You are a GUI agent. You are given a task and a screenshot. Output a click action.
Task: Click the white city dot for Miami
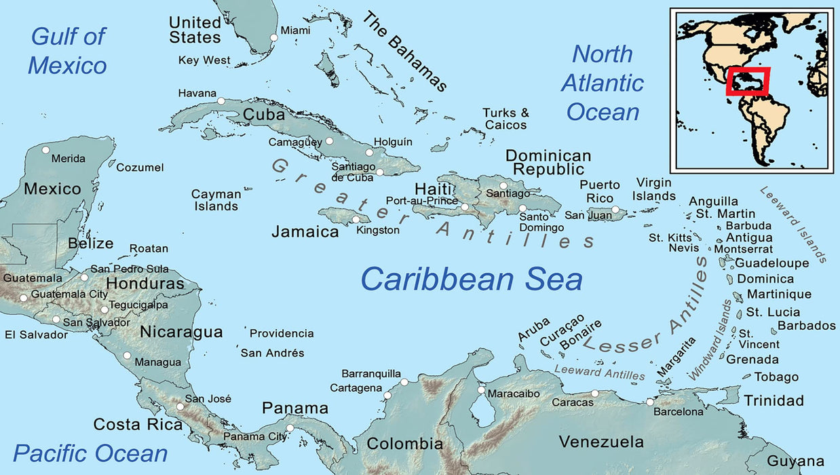274,38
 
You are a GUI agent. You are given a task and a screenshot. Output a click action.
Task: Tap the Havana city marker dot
221,101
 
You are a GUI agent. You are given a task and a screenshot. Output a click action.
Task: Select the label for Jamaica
305,232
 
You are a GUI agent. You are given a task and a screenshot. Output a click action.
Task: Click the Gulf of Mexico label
68,51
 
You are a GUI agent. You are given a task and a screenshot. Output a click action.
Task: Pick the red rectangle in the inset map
748,81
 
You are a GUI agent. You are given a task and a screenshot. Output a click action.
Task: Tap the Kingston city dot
355,219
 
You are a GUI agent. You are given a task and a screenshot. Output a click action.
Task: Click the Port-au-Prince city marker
465,207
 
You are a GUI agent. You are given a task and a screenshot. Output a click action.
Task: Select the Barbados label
807,326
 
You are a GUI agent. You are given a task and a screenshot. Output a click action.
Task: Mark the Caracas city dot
595,394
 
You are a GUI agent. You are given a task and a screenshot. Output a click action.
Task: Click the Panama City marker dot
290,428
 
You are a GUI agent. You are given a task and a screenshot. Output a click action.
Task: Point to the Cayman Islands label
216,199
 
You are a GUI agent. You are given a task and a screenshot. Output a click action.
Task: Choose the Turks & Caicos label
505,119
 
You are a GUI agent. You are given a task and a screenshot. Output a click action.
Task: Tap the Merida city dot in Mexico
45,150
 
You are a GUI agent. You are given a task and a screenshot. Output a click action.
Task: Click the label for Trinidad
774,400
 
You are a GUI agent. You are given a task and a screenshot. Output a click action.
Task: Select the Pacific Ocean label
90,453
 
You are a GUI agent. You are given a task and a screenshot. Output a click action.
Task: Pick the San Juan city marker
615,210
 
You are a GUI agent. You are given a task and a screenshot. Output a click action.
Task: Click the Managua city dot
127,356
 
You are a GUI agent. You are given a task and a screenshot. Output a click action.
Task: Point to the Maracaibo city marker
481,390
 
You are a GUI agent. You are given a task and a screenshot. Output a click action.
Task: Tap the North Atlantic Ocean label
603,83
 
